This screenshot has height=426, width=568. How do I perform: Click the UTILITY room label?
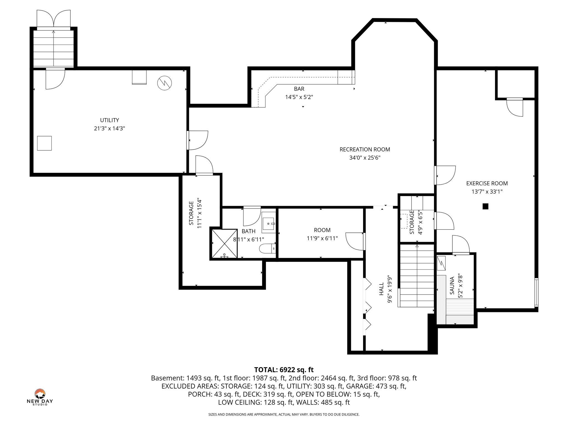109,120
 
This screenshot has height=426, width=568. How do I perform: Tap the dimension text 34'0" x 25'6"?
365,158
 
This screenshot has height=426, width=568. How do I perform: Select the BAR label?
299,89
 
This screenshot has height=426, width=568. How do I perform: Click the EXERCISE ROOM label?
487,183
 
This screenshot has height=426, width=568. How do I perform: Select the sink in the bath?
269,223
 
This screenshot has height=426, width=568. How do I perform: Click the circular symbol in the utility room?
164,83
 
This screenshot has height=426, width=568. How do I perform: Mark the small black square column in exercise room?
485,206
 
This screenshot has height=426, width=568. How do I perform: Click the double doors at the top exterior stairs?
54,19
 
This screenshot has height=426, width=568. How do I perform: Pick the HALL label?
381,289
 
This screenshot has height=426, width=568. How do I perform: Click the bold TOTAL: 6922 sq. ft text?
284,370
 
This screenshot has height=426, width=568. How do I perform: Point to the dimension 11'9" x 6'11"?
322,238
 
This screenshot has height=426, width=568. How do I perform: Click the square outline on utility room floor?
44,143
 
